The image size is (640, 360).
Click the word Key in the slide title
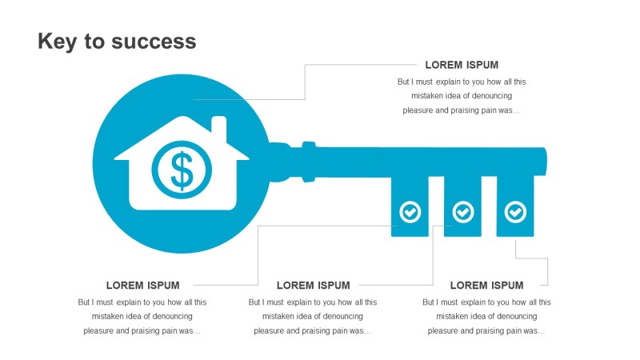(x=56, y=42)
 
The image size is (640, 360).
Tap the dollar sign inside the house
(x=182, y=170)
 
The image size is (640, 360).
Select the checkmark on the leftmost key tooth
(x=410, y=212)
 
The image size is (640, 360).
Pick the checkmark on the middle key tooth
(x=463, y=212)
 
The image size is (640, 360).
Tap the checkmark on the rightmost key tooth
(x=516, y=212)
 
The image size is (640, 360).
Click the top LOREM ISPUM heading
(x=462, y=65)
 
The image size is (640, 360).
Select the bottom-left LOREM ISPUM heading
(x=142, y=285)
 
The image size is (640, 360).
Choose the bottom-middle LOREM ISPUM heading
(x=313, y=285)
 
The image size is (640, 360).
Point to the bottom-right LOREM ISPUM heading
(x=486, y=285)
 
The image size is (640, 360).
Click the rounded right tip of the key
(x=543, y=162)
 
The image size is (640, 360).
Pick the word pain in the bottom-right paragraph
(x=513, y=331)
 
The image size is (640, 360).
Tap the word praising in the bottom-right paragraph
(x=481, y=331)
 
